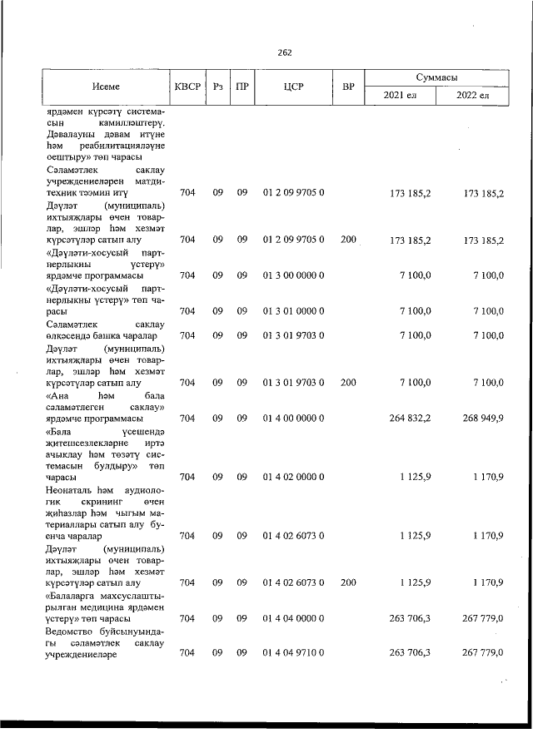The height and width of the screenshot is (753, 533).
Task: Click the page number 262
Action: point(285,52)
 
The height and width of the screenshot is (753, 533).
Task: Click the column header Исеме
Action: point(106,87)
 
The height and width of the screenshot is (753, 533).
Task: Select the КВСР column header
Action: point(187,87)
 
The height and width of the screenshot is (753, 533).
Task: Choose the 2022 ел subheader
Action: point(474,97)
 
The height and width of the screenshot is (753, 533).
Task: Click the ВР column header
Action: point(348,87)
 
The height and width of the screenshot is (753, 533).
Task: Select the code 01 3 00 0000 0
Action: point(293,275)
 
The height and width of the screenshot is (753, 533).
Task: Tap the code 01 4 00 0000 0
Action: point(293,418)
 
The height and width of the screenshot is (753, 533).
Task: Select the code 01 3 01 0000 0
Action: point(293,311)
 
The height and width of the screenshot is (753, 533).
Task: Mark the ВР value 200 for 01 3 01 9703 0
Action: point(348,382)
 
